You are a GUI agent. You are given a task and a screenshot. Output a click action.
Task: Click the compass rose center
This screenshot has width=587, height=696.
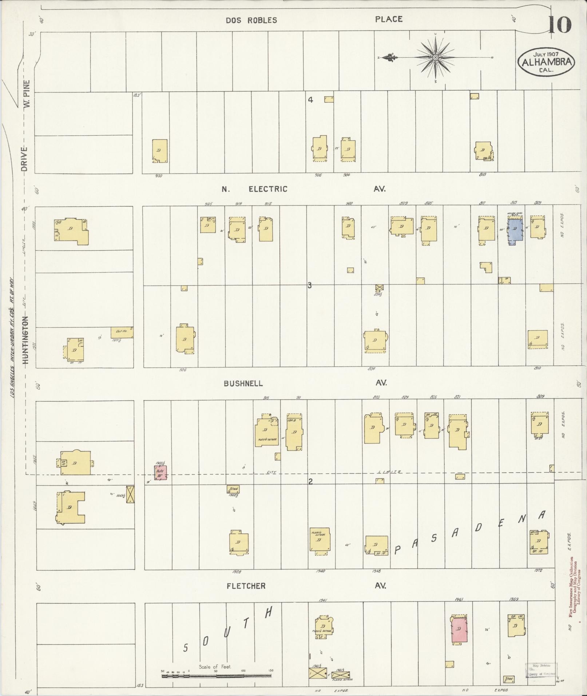tap(435, 57)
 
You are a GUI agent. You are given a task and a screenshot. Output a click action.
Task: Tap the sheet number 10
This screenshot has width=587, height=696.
tap(559, 25)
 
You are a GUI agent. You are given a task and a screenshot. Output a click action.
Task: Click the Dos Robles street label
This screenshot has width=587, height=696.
tap(251, 20)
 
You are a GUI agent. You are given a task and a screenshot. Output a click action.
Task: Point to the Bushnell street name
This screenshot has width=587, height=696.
tap(243, 383)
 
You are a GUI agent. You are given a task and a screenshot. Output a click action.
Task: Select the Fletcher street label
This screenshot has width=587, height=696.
tap(246, 586)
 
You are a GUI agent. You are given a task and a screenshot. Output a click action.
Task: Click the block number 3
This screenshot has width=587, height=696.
tap(309, 286)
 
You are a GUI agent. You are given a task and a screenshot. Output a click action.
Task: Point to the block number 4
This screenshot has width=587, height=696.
tap(310, 99)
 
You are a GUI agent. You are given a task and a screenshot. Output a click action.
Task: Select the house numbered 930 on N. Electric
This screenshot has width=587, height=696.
tap(160, 151)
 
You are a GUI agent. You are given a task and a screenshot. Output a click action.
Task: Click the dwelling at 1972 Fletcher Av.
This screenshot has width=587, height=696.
tap(539, 542)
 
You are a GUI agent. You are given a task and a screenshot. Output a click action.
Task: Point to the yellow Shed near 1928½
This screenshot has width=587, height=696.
tap(233, 489)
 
